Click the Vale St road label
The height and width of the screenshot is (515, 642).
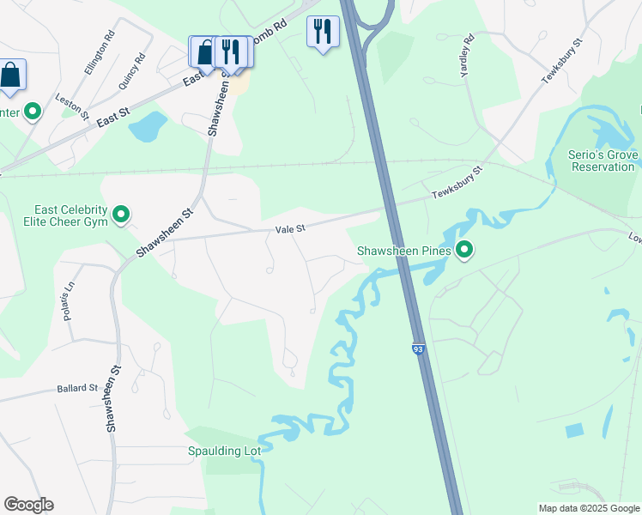click(291, 229)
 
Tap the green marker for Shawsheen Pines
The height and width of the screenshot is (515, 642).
click(465, 251)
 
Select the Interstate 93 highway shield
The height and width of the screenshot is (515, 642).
click(418, 349)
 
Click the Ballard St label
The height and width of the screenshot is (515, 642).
click(78, 388)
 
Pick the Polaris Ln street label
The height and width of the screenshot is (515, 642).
click(69, 300)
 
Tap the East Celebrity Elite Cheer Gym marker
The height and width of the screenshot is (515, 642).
click(121, 214)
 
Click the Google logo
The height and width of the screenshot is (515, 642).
click(28, 505)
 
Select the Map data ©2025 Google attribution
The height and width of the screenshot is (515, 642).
click(589, 508)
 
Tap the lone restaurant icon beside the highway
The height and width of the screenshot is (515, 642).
click(323, 33)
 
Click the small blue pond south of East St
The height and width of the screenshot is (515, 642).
click(147, 127)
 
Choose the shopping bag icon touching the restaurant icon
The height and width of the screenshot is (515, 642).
click(203, 51)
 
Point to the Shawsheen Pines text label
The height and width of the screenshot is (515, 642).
click(403, 251)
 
